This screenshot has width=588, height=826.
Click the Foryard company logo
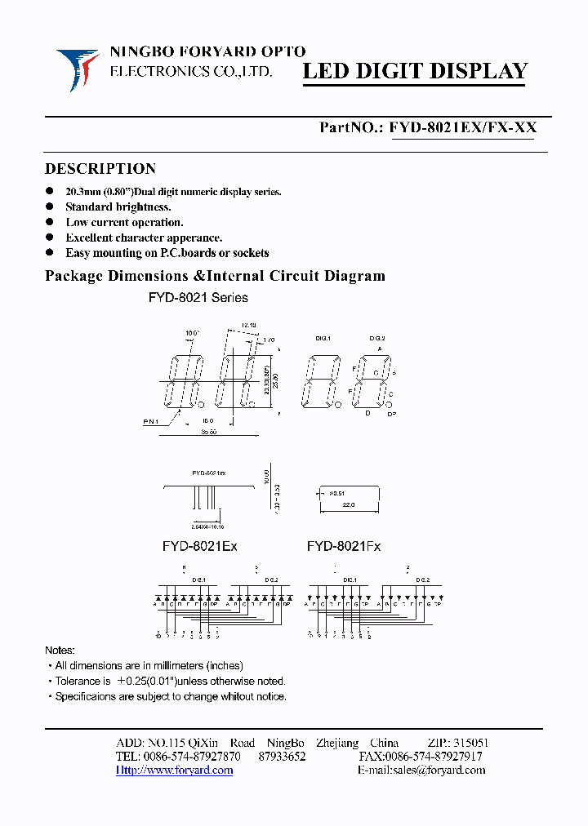tap(78, 69)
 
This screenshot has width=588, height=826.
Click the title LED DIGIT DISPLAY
tap(416, 72)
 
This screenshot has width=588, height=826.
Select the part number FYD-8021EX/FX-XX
tap(463, 127)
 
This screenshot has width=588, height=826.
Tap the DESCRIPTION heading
tap(100, 169)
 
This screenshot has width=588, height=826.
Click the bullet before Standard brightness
tap(50, 207)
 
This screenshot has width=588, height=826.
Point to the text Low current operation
tap(124, 222)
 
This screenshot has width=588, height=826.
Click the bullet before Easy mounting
tap(50, 253)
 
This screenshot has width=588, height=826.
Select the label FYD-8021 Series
tap(198, 298)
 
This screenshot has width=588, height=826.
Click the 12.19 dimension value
tap(249, 324)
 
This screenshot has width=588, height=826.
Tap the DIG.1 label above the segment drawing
tap(323, 337)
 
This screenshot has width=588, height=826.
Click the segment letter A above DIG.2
tap(379, 349)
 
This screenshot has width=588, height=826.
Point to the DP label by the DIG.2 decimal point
tap(391, 415)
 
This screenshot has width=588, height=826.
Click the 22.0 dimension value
tap(348, 506)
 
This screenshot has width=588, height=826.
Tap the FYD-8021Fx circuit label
tap(344, 546)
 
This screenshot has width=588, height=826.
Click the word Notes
tap(60, 650)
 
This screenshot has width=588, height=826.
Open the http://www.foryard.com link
tap(174, 770)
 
